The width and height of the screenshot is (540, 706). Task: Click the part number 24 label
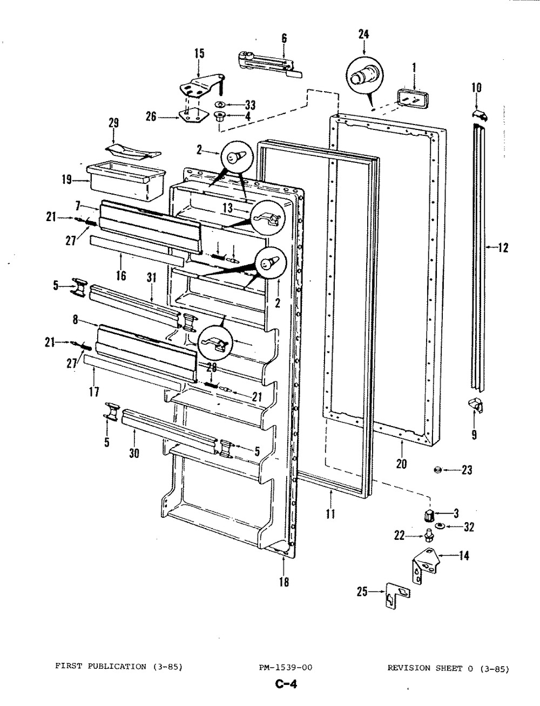click(x=363, y=34)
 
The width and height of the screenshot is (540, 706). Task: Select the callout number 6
click(x=283, y=38)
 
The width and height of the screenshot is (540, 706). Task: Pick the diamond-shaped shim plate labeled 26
click(x=192, y=117)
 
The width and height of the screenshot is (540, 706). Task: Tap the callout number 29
click(x=113, y=122)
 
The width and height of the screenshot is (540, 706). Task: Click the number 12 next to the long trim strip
click(x=503, y=248)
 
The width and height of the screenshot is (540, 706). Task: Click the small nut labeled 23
click(x=437, y=470)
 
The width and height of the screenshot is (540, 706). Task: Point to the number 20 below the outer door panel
click(x=401, y=464)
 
